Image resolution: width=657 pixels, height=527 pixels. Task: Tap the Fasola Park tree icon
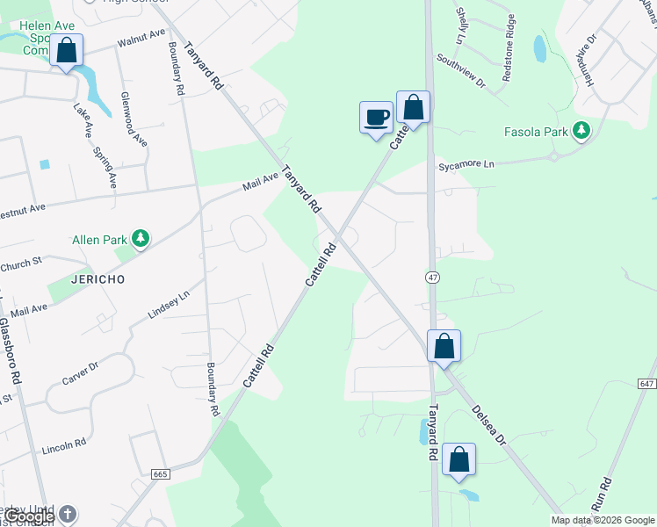coord(581,131)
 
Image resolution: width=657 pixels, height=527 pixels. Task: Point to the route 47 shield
coord(431,277)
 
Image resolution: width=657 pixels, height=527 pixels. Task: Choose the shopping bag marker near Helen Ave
coord(67,51)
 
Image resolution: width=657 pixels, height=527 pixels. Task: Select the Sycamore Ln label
coord(467,164)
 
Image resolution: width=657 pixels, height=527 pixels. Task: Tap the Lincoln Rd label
coord(63,446)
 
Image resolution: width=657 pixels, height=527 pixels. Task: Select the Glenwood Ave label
coord(134,119)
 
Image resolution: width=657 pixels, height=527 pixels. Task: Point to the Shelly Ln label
coord(459,26)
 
